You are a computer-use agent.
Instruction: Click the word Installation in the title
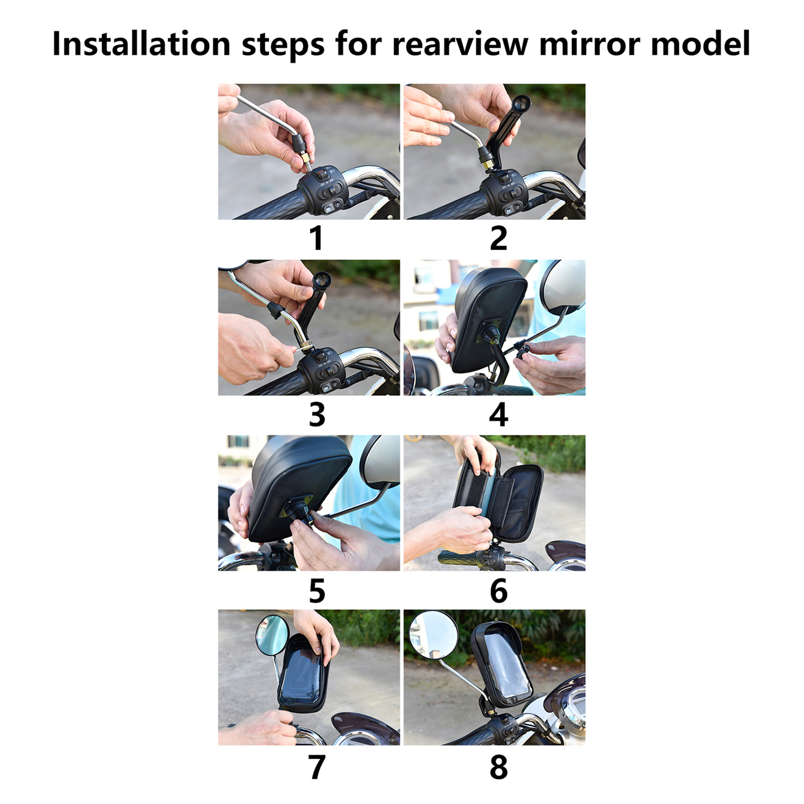pyautogui.click(x=141, y=44)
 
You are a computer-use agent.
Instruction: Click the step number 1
pyautogui.click(x=316, y=238)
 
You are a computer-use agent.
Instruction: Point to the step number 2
pyautogui.click(x=498, y=238)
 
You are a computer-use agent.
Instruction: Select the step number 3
pyautogui.click(x=317, y=415)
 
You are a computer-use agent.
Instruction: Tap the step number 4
pyautogui.click(x=498, y=415)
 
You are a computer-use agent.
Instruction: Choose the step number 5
pyautogui.click(x=317, y=591)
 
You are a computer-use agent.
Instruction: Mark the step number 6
pyautogui.click(x=498, y=591)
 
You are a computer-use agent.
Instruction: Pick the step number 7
pyautogui.click(x=317, y=767)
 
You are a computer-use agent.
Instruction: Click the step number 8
pyautogui.click(x=498, y=767)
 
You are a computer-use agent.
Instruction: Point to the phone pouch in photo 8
pyautogui.click(x=501, y=662)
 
